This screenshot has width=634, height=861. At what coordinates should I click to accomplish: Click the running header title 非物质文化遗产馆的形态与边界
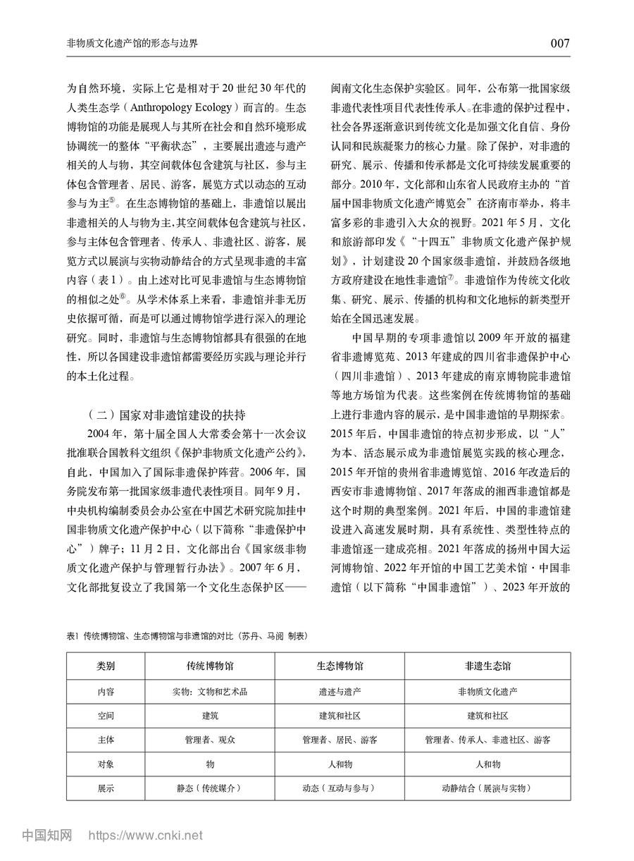(132, 44)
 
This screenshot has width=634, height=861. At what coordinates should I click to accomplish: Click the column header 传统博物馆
(209, 666)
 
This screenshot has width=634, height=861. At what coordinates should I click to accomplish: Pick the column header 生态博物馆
(340, 666)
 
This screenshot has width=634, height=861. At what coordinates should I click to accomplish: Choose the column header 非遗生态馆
(487, 666)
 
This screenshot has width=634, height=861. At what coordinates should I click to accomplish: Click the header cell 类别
(106, 666)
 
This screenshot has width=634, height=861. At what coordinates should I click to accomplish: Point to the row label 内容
(106, 692)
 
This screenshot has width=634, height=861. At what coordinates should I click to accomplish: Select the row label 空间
(106, 716)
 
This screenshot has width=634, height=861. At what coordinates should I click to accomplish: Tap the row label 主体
(106, 740)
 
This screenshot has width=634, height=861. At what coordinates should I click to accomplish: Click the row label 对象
(106, 764)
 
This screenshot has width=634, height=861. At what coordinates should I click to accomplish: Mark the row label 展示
(106, 788)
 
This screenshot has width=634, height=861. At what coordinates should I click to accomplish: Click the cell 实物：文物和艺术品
(209, 692)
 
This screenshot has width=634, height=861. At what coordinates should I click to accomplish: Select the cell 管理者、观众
(209, 740)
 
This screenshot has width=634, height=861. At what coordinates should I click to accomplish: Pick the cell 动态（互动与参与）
(340, 788)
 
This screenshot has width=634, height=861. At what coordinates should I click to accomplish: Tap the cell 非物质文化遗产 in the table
(487, 692)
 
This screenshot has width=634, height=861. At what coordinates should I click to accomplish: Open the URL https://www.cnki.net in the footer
(145, 836)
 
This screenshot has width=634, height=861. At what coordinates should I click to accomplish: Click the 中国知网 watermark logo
(47, 836)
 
